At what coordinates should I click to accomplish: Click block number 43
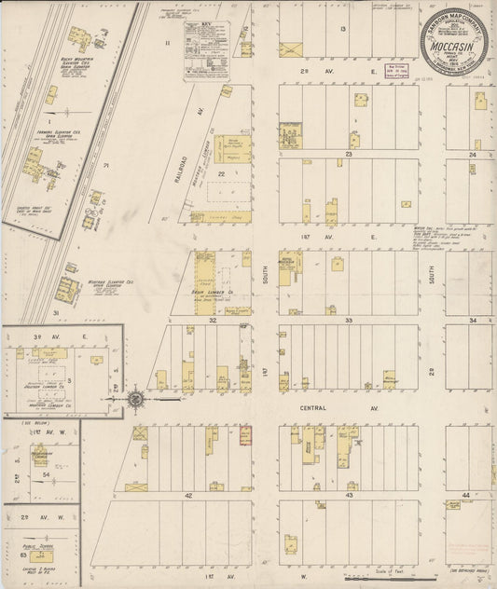(348, 495)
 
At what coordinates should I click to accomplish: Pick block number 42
(187, 496)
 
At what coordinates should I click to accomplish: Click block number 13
(343, 30)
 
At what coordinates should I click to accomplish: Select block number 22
(222, 172)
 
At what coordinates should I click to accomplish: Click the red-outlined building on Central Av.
(245, 436)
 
